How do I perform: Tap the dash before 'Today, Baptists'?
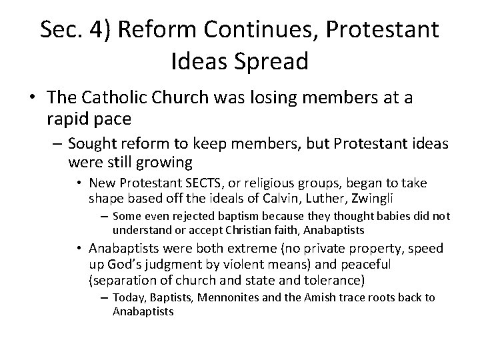pyautogui.click(x=104, y=297)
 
